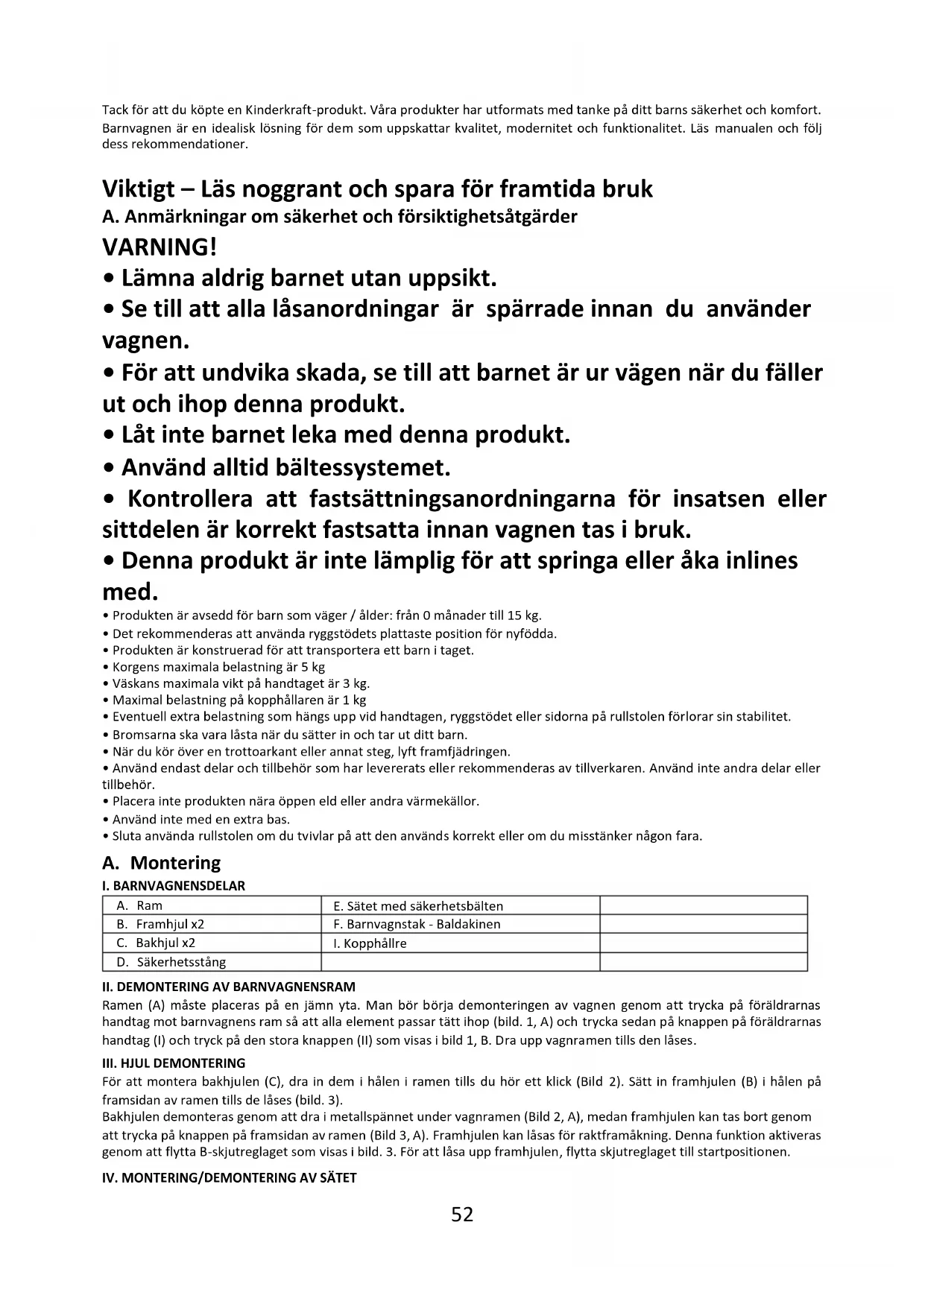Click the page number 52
tap(462, 1215)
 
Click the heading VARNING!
tap(160, 247)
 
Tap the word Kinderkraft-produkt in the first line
tap(304, 110)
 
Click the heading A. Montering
tap(162, 863)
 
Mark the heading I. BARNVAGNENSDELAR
tap(174, 886)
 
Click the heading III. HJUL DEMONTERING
tap(174, 1063)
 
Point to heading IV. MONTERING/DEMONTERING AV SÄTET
tap(230, 1178)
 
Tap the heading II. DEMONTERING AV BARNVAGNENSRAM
tap(229, 987)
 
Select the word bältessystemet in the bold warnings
tap(362, 468)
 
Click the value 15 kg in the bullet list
tap(523, 615)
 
